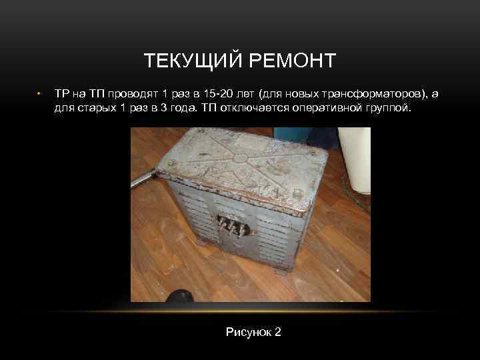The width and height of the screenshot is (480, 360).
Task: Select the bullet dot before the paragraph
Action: (x=40, y=93)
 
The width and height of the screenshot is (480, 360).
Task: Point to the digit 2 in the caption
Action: (x=278, y=331)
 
